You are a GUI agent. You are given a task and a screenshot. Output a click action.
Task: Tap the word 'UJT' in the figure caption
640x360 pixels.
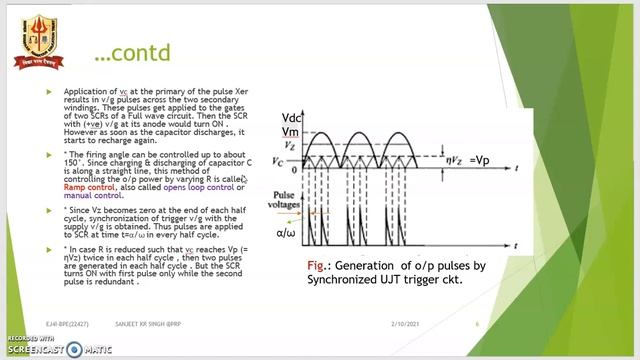tap(408, 281)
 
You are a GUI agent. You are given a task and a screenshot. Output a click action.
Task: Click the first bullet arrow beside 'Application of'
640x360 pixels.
tap(50, 91)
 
